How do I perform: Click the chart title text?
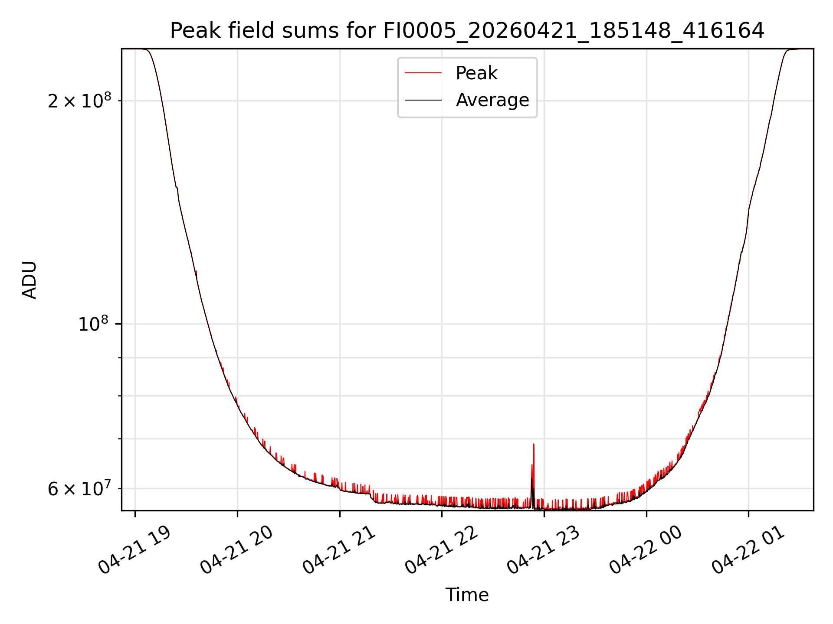467,31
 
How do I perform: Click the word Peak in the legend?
476,73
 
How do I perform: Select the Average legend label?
492,100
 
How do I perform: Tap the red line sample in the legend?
423,73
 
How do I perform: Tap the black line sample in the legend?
423,100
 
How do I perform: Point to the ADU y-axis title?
30,280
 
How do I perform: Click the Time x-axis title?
467,595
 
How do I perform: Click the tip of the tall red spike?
534,444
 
